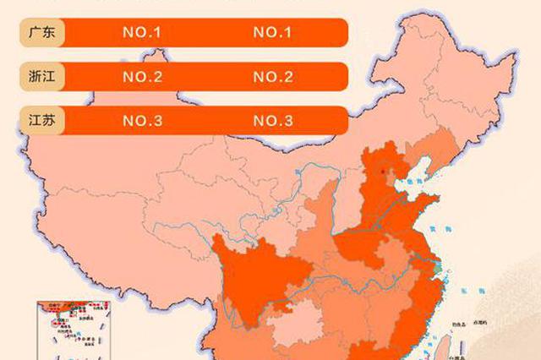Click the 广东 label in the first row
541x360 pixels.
[39, 34]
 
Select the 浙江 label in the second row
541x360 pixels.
[39, 77]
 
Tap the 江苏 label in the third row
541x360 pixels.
[39, 120]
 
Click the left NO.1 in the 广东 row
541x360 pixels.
[142, 34]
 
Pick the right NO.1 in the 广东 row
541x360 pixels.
[272, 34]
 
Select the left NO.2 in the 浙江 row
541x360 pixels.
[142, 77]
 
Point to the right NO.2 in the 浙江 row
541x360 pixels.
[272, 77]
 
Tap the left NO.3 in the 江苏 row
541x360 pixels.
[142, 120]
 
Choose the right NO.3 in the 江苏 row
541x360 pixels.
[272, 120]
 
